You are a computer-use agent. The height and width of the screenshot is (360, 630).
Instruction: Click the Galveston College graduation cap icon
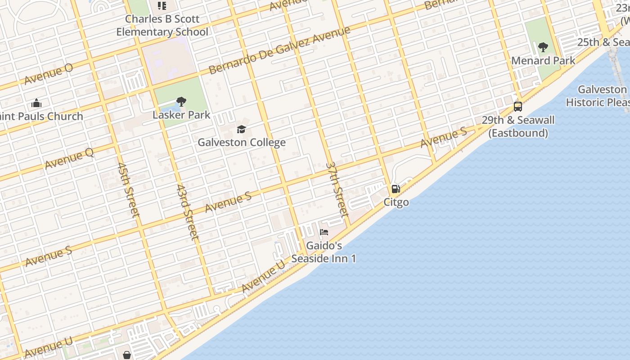[x=242, y=130]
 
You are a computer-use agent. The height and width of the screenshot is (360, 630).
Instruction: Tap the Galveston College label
[x=242, y=143]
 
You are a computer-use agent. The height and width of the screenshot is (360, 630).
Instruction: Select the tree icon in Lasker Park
[x=181, y=102]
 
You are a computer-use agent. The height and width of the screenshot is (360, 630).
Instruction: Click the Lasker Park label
[x=181, y=115]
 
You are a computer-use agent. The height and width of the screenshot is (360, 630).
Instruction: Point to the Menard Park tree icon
[x=543, y=47]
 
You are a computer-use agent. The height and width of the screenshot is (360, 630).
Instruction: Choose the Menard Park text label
[x=543, y=60]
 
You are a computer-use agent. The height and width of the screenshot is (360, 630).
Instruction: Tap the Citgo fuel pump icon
[x=396, y=189]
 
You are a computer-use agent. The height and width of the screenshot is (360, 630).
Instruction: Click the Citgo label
[x=396, y=202]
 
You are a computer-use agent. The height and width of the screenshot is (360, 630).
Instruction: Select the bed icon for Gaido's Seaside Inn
[x=324, y=233]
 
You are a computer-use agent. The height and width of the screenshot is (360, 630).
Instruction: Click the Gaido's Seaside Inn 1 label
[x=324, y=252]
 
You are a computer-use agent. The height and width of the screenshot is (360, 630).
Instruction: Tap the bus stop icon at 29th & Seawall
[x=518, y=107]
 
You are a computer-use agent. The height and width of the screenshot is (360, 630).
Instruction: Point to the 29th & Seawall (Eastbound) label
[x=518, y=126]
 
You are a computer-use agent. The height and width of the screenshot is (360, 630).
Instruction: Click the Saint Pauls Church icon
[x=36, y=103]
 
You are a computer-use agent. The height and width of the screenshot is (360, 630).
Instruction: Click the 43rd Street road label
[x=187, y=211]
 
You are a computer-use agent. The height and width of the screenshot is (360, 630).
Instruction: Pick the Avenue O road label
[x=49, y=74]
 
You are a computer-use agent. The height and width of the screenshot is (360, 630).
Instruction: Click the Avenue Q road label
[x=69, y=159]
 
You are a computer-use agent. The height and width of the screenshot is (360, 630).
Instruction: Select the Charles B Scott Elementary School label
[x=162, y=26]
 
